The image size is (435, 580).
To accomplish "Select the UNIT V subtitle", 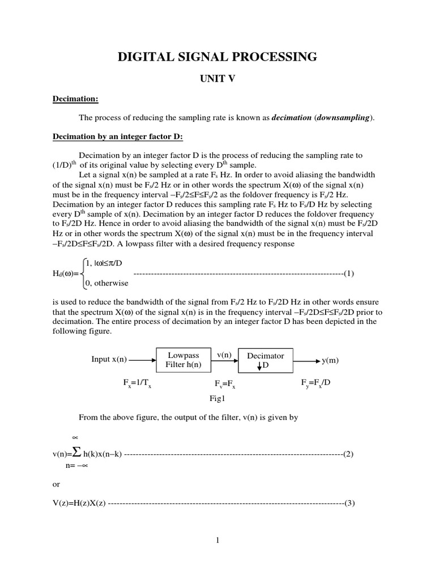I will [217, 79].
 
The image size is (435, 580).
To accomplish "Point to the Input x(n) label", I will [109, 360].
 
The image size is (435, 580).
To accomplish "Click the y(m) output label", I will [330, 360].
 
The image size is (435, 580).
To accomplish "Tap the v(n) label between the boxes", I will [224, 355].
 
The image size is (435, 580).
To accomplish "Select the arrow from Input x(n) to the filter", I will [142, 360].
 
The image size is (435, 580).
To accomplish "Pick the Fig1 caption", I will [217, 398].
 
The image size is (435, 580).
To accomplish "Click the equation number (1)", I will [348, 274].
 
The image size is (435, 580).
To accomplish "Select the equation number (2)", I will [348, 454].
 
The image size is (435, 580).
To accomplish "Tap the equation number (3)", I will [348, 502].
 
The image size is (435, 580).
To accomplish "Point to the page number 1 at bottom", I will [217, 540].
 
